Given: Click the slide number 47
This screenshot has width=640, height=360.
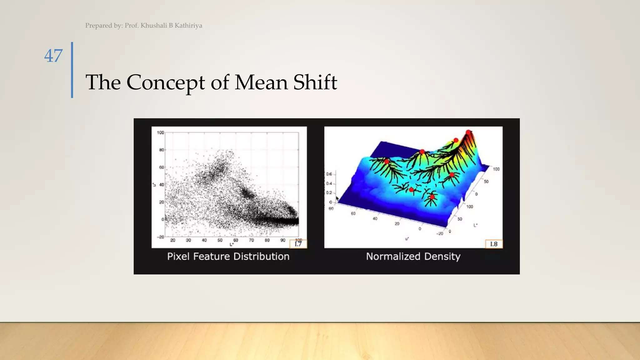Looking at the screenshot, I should [x=53, y=56].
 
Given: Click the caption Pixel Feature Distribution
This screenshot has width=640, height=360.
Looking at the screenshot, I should [x=228, y=257].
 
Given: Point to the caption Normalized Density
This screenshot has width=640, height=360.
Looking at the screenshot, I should [x=413, y=257].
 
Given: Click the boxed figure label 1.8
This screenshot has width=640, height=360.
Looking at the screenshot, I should [x=494, y=244].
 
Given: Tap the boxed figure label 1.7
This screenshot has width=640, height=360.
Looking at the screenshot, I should [x=298, y=244].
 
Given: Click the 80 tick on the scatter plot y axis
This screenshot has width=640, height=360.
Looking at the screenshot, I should [x=161, y=150].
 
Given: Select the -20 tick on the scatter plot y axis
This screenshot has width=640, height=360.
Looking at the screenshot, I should [x=160, y=237].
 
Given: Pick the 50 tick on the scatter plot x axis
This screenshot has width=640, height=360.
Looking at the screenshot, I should [x=220, y=240].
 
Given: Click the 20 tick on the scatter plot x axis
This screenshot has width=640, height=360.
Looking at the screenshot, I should [x=173, y=240].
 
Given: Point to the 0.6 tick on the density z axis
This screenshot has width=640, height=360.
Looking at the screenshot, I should [x=329, y=174].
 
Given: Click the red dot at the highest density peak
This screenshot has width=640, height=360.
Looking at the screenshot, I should [x=468, y=132].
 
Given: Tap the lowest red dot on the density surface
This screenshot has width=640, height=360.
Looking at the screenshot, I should [x=432, y=197].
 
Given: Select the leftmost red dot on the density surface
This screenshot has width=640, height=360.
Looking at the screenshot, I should [x=387, y=162].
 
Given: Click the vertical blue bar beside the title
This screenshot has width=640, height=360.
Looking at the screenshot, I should [x=72, y=70].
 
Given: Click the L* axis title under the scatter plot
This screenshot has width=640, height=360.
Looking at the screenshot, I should [x=232, y=244].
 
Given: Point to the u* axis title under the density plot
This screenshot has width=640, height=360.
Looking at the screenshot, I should [x=407, y=239].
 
